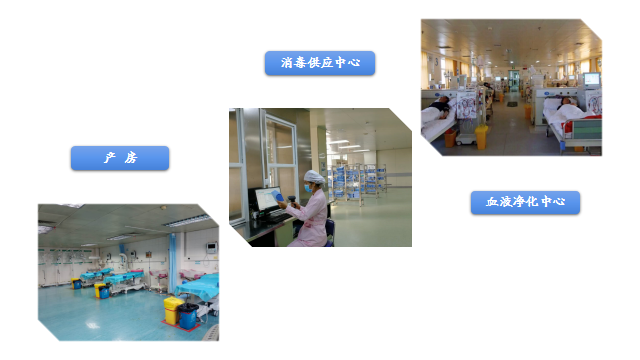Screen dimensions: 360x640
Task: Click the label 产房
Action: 120,158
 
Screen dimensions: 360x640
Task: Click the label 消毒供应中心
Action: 320,63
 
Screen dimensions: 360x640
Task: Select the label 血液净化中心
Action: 525,202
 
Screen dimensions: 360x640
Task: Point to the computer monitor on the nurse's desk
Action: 271,199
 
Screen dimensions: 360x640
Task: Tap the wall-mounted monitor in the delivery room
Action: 211,243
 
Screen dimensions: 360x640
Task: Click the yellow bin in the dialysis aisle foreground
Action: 482,136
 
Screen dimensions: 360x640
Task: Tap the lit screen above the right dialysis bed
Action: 592,78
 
